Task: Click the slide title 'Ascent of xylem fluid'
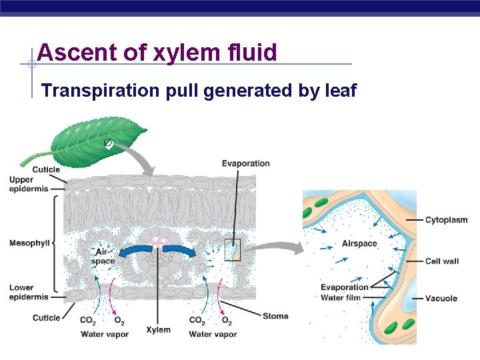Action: coord(157,52)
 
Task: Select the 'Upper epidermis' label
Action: coord(29,185)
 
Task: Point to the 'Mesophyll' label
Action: coord(29,243)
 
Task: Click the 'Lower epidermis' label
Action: coord(29,292)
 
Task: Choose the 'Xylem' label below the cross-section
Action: coord(158,329)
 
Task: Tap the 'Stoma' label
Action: coord(275,315)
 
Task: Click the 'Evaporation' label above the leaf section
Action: coord(245,163)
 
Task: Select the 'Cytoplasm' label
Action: coord(446,220)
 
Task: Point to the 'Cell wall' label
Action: coord(441,261)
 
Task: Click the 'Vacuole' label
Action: coord(441,298)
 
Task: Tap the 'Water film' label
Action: coord(341,297)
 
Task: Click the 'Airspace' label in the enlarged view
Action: coord(359,243)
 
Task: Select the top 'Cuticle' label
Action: coord(46,169)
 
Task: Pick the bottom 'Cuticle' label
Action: coord(46,317)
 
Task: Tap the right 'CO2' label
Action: coord(197,321)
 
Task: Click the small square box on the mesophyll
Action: coord(232,249)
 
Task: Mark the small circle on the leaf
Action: coord(107,143)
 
